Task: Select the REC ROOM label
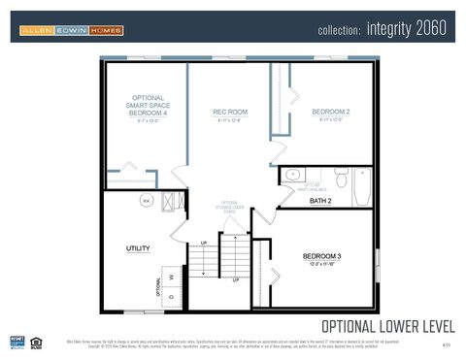point(230,113)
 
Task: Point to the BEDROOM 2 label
point(330,113)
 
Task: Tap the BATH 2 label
point(320,201)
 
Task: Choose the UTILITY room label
point(138,248)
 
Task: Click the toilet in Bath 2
point(341,178)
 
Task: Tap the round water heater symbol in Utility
point(147,201)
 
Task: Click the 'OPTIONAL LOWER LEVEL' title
point(387,325)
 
